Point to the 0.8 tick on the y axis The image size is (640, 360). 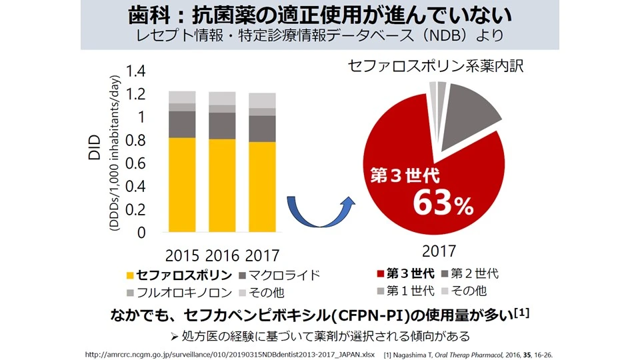click(135, 141)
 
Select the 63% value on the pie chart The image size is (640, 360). click(443, 204)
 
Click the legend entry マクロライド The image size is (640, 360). click(282, 275)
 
